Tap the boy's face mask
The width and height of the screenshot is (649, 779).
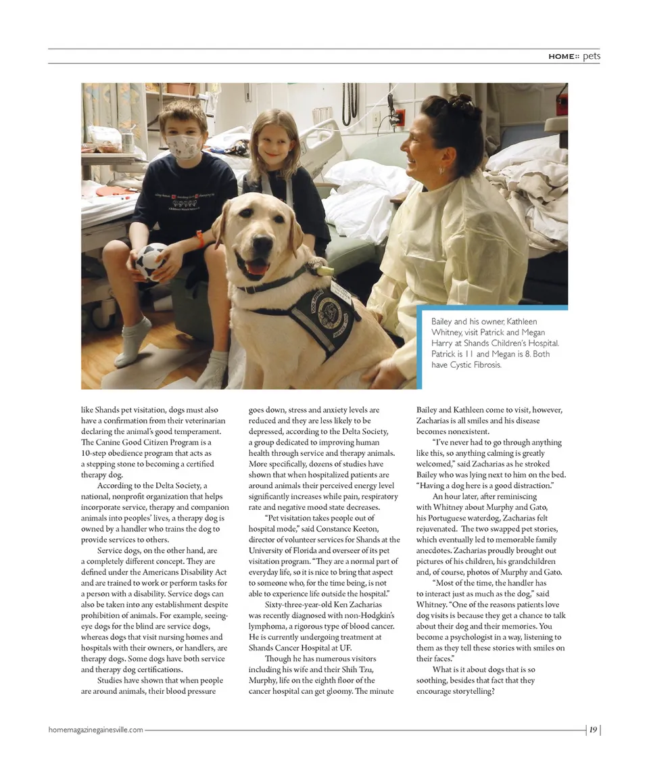coord(184,145)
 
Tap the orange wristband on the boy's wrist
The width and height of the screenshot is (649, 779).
coord(199,238)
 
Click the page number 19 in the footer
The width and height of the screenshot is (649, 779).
coord(592,730)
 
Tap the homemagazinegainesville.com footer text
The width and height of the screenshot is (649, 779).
coord(95,730)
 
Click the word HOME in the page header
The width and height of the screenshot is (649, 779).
coord(561,57)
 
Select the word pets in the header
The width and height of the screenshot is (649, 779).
coord(592,56)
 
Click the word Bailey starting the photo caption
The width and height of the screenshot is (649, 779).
coord(443,322)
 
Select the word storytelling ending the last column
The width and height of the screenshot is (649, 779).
coord(470,691)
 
